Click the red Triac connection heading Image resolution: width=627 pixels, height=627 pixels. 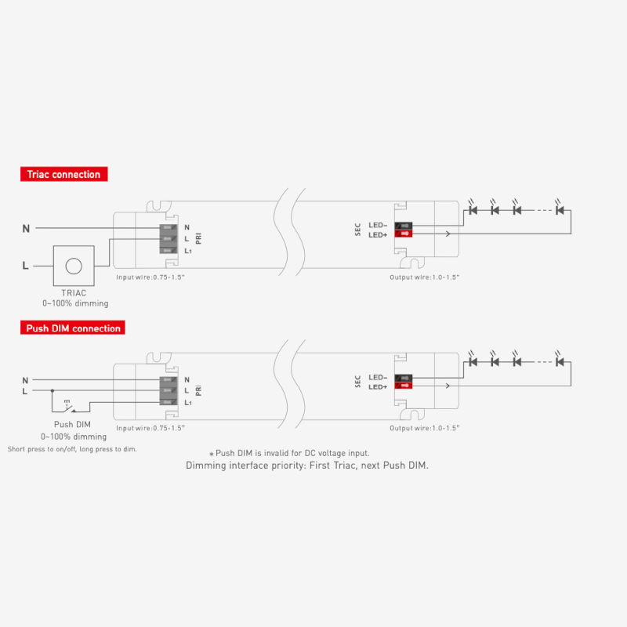pos(63,174)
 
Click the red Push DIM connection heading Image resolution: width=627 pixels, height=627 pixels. pos(73,328)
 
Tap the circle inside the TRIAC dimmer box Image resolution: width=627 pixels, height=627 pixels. pos(74,266)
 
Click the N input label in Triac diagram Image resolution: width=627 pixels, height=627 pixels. pos(26,228)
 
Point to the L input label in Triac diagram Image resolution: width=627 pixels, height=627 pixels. pos(26,266)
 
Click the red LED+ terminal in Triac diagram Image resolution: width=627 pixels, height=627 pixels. pos(404,234)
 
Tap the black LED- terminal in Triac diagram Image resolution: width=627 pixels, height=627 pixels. pos(404,225)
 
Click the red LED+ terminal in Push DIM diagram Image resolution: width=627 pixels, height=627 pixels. pos(404,386)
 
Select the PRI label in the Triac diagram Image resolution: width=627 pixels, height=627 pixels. pos(199,238)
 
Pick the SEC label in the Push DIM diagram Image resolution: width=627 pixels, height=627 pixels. pos(358,382)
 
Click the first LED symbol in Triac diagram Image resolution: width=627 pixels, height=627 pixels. pos(473,210)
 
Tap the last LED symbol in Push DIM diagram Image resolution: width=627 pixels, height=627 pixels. pos(560,362)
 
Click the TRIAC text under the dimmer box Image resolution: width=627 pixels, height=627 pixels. pos(74,292)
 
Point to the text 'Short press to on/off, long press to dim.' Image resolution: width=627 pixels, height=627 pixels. pos(71,449)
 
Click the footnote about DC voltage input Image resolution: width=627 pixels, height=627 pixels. pos(288,453)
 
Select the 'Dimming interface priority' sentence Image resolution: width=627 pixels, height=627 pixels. pos(306,466)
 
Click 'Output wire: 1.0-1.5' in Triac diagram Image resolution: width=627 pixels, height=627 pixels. pos(424,277)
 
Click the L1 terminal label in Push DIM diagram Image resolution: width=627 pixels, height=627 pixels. pos(188,403)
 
